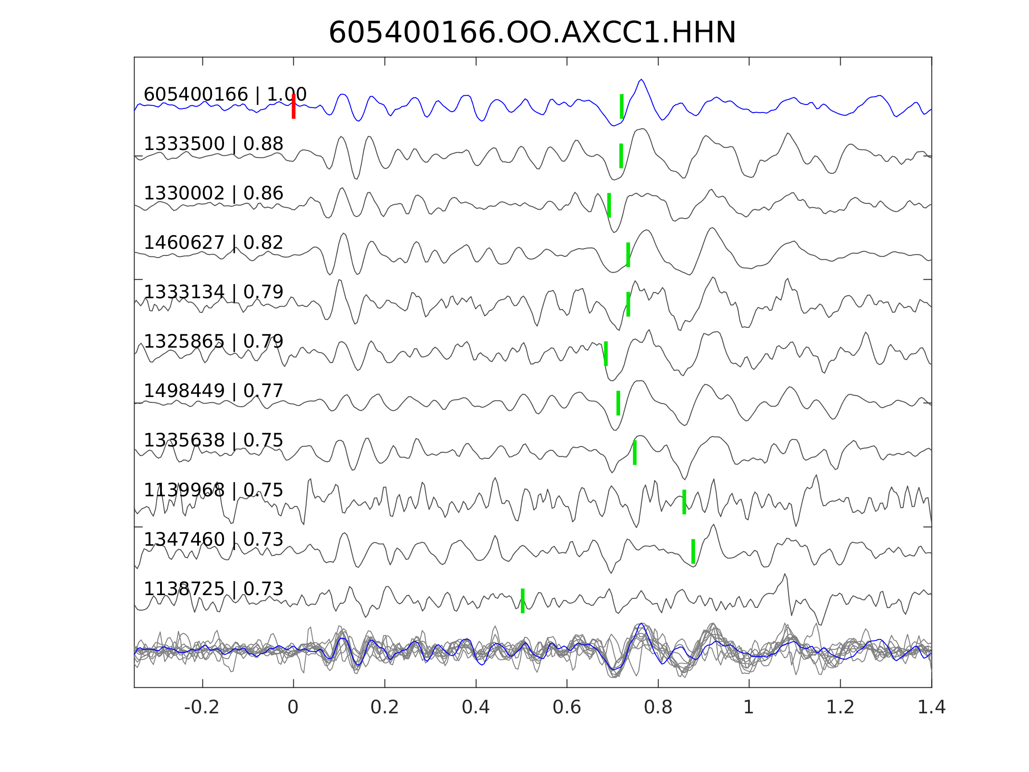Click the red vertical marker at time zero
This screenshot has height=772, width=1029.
294,106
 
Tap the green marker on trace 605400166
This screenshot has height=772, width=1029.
621,106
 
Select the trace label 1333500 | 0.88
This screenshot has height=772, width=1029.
213,144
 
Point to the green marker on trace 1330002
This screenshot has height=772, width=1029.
609,205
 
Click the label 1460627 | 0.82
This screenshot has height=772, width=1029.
213,243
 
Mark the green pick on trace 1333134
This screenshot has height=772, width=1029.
628,304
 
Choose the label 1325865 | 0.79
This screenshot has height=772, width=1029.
213,341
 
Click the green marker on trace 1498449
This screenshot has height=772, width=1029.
618,403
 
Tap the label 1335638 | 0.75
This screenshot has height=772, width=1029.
213,440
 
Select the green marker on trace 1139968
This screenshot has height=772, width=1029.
684,502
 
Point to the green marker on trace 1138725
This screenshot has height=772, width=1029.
523,601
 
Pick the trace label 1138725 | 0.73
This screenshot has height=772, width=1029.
213,588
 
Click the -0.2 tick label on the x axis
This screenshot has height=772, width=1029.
202,707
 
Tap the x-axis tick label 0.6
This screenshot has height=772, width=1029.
567,707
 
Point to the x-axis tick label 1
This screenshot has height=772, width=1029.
748,707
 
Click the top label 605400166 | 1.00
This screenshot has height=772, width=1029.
225,94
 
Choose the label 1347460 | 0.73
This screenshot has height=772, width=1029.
213,540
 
